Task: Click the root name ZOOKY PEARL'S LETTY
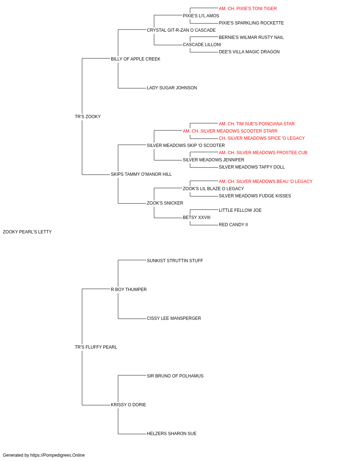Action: (x=27, y=232)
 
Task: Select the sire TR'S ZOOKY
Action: (x=87, y=117)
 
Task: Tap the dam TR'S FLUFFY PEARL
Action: (x=96, y=347)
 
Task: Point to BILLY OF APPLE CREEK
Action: (x=135, y=59)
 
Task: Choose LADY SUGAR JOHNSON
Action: (x=172, y=88)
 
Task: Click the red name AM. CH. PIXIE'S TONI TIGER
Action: (x=248, y=9)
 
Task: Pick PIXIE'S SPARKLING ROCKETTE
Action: (x=251, y=23)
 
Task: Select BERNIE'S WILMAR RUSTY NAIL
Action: (x=251, y=37)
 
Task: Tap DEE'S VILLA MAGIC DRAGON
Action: (x=249, y=52)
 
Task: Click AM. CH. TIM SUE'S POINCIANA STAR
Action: (x=257, y=124)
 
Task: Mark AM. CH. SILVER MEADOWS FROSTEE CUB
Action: (x=263, y=153)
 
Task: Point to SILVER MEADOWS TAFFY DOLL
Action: (x=252, y=167)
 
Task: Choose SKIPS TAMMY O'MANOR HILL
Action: (x=141, y=174)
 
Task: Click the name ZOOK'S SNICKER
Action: (x=165, y=203)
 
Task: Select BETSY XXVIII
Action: (x=197, y=218)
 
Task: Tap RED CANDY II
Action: (x=233, y=225)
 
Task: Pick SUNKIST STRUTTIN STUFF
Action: (x=175, y=261)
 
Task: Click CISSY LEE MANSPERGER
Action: (x=174, y=318)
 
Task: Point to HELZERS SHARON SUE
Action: (x=171, y=434)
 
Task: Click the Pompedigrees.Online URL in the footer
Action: (x=58, y=455)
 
